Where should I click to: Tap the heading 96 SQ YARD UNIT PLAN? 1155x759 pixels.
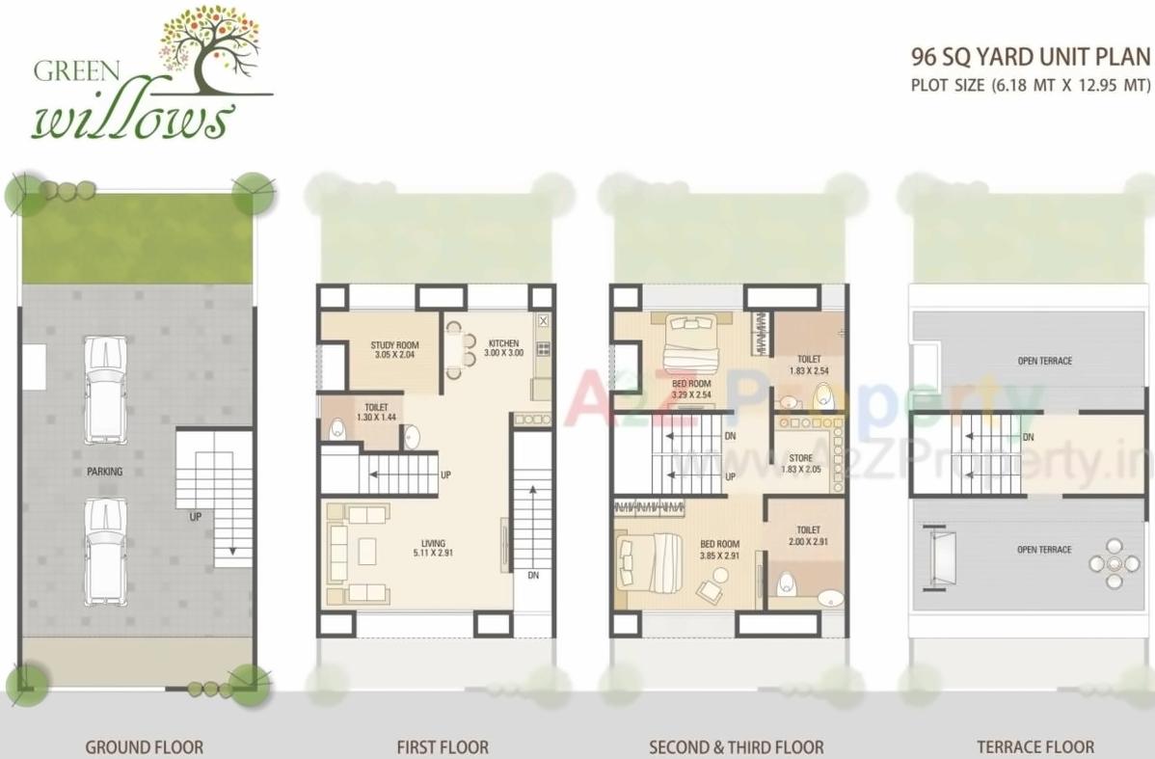point(1030,57)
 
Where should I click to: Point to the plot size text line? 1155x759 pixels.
point(1030,85)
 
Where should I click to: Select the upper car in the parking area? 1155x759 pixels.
point(105,389)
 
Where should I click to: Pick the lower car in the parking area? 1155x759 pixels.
point(105,552)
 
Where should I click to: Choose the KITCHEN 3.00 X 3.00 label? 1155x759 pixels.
point(502,348)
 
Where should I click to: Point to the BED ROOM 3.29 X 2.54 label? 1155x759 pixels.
point(691,389)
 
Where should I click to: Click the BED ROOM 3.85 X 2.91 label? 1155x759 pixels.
point(718,550)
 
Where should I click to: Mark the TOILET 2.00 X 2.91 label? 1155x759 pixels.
point(808,535)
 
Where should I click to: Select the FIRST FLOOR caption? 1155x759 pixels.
point(443,746)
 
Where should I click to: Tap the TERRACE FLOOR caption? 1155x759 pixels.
point(1035,746)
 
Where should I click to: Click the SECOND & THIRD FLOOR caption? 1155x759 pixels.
point(737,746)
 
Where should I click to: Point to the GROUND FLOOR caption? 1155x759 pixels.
point(145,746)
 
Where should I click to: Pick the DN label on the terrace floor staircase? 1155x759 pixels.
point(1029,437)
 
